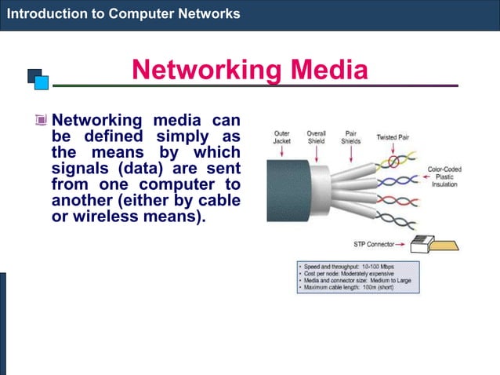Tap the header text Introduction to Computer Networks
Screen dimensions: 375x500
point(123,14)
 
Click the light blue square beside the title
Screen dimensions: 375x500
point(42,82)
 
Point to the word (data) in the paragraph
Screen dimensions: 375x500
point(135,169)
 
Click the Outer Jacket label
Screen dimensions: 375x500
point(282,137)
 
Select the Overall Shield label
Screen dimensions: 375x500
point(317,137)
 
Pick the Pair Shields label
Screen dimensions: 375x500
point(350,137)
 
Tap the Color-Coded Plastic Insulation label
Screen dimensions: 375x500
point(444,177)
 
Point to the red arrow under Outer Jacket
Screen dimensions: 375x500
point(282,151)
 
